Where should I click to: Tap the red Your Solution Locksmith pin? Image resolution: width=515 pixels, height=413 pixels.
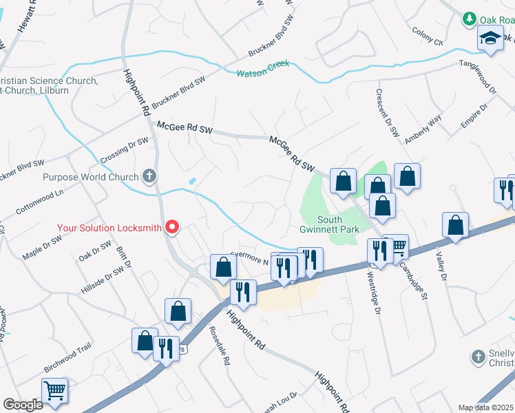[173, 226]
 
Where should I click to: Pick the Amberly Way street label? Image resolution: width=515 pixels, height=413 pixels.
[423, 129]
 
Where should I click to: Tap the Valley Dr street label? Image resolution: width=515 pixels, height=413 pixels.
[442, 265]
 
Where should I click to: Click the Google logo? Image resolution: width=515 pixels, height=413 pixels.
[22, 405]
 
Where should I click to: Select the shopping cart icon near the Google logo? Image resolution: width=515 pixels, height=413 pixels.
[55, 391]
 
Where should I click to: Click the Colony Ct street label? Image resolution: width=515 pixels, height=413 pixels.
[428, 36]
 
